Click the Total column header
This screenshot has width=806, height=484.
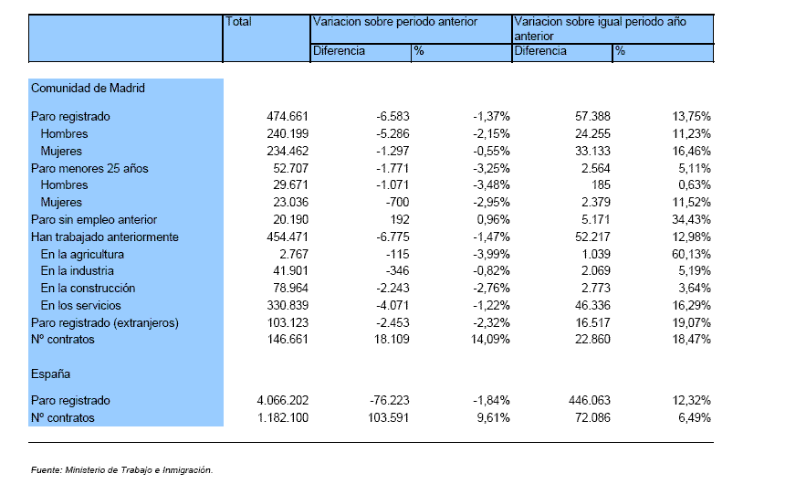tap(238, 22)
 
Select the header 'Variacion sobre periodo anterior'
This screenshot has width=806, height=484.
tap(394, 22)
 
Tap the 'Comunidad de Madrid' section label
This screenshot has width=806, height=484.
tap(88, 88)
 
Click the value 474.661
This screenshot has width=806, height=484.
tap(288, 116)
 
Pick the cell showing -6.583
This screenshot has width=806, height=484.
tap(393, 116)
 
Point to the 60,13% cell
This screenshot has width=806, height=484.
tap(691, 254)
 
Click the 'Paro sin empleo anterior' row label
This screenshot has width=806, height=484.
tap(94, 219)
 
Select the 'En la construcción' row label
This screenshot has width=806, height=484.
tap(88, 288)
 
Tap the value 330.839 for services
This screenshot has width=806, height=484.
tap(288, 306)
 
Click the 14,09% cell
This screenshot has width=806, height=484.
tap(490, 340)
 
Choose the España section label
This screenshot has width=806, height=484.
tap(50, 374)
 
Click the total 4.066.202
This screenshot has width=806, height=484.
tap(283, 400)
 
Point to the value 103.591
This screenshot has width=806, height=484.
tap(389, 417)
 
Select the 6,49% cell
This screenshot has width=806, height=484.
tap(695, 417)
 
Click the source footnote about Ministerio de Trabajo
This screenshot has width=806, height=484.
tap(121, 469)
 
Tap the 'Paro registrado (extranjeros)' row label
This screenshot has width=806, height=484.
tap(105, 323)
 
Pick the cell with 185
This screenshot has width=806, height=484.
tap(601, 185)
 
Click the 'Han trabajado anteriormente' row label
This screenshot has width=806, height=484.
tap(105, 237)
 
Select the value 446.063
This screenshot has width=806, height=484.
tap(590, 400)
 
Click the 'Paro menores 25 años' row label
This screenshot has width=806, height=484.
tap(89, 169)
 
